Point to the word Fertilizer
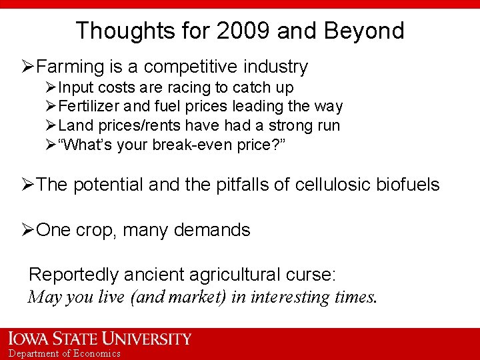point(87,106)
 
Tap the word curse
point(313,275)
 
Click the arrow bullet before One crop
point(27,231)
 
